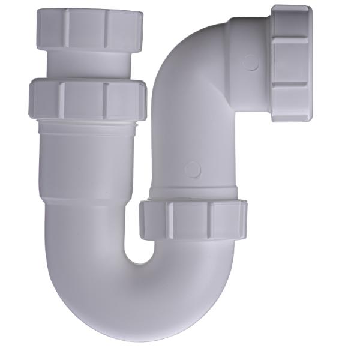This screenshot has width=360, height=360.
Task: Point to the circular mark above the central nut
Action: tap(193, 170)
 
